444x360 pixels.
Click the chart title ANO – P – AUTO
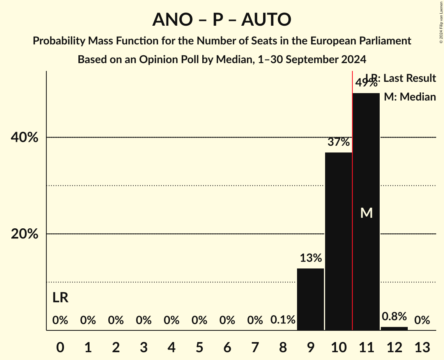[x=221, y=19]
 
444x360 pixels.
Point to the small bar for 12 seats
[x=394, y=328]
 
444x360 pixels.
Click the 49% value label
[x=366, y=83]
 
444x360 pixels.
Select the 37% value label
[x=338, y=142]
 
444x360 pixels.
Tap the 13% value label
[x=311, y=258]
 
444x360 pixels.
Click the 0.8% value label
[x=394, y=316]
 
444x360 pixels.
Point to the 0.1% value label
[x=283, y=320]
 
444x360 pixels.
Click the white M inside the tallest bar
[x=366, y=213]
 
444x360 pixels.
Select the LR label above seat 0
[x=60, y=298]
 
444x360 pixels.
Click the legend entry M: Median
[x=410, y=97]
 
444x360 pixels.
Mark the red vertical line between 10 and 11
[x=352, y=195]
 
